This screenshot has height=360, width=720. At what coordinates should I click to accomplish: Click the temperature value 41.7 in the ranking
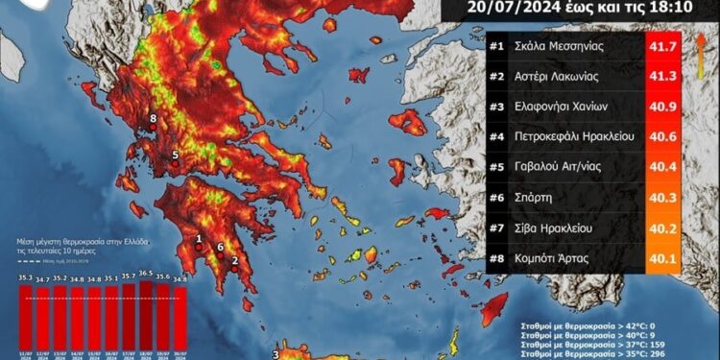click(662, 45)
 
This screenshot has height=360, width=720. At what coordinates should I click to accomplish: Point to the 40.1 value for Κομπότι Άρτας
click(662, 259)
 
